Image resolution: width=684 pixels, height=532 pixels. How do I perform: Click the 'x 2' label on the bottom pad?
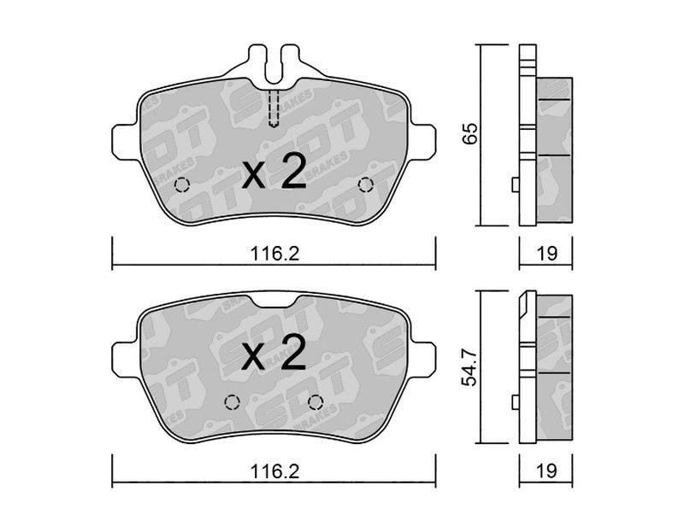(x=274, y=353)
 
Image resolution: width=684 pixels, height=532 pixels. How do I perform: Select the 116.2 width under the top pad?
(x=274, y=253)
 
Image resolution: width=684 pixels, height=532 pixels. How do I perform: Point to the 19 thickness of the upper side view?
(x=548, y=253)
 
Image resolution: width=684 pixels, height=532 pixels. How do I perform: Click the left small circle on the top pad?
(x=181, y=186)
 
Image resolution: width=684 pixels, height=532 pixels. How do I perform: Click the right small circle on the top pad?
(x=366, y=185)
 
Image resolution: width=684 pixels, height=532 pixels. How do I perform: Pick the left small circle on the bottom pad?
(x=230, y=402)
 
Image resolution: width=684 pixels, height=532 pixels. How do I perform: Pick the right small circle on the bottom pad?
(x=315, y=402)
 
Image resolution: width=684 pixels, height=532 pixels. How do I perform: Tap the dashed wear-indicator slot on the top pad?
(x=274, y=108)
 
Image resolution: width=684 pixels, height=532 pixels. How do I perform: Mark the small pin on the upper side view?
(x=515, y=184)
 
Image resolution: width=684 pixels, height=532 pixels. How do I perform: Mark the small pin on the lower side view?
(x=515, y=402)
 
